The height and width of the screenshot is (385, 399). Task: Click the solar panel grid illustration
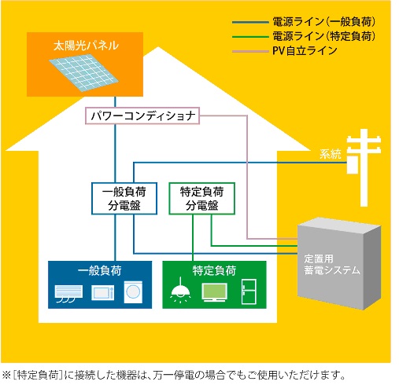pyautogui.click(x=83, y=72)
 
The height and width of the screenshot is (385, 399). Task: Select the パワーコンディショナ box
pyautogui.click(x=142, y=115)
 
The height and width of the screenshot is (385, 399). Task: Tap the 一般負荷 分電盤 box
pyautogui.click(x=124, y=199)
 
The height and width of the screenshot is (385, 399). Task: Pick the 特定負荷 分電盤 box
pyautogui.click(x=201, y=199)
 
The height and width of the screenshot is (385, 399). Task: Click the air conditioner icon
pyautogui.click(x=68, y=293)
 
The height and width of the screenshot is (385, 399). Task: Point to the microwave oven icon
pyautogui.click(x=103, y=292)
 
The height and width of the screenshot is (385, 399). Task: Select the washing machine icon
pyautogui.click(x=133, y=292)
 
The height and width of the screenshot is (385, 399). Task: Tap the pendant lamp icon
pyautogui.click(x=180, y=290)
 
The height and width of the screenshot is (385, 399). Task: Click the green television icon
pyautogui.click(x=214, y=292)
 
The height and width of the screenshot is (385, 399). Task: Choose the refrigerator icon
pyautogui.click(x=249, y=291)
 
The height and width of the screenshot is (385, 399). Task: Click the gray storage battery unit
pyautogui.click(x=339, y=263)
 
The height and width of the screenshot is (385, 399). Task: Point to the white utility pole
pyautogui.click(x=364, y=167)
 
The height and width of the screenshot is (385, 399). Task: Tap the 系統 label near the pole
pyautogui.click(x=331, y=154)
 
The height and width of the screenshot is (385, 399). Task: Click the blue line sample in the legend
pyautogui.click(x=250, y=22)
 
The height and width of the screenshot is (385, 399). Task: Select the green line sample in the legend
pyautogui.click(x=250, y=37)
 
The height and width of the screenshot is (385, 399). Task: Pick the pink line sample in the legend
pyautogui.click(x=250, y=51)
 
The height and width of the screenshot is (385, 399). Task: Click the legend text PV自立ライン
pyautogui.click(x=305, y=51)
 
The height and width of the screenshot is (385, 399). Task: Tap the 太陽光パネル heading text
pyautogui.click(x=86, y=46)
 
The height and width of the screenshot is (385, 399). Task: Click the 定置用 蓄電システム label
pyautogui.click(x=332, y=265)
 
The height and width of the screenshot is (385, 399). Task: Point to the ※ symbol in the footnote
pyautogui.click(x=6, y=375)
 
